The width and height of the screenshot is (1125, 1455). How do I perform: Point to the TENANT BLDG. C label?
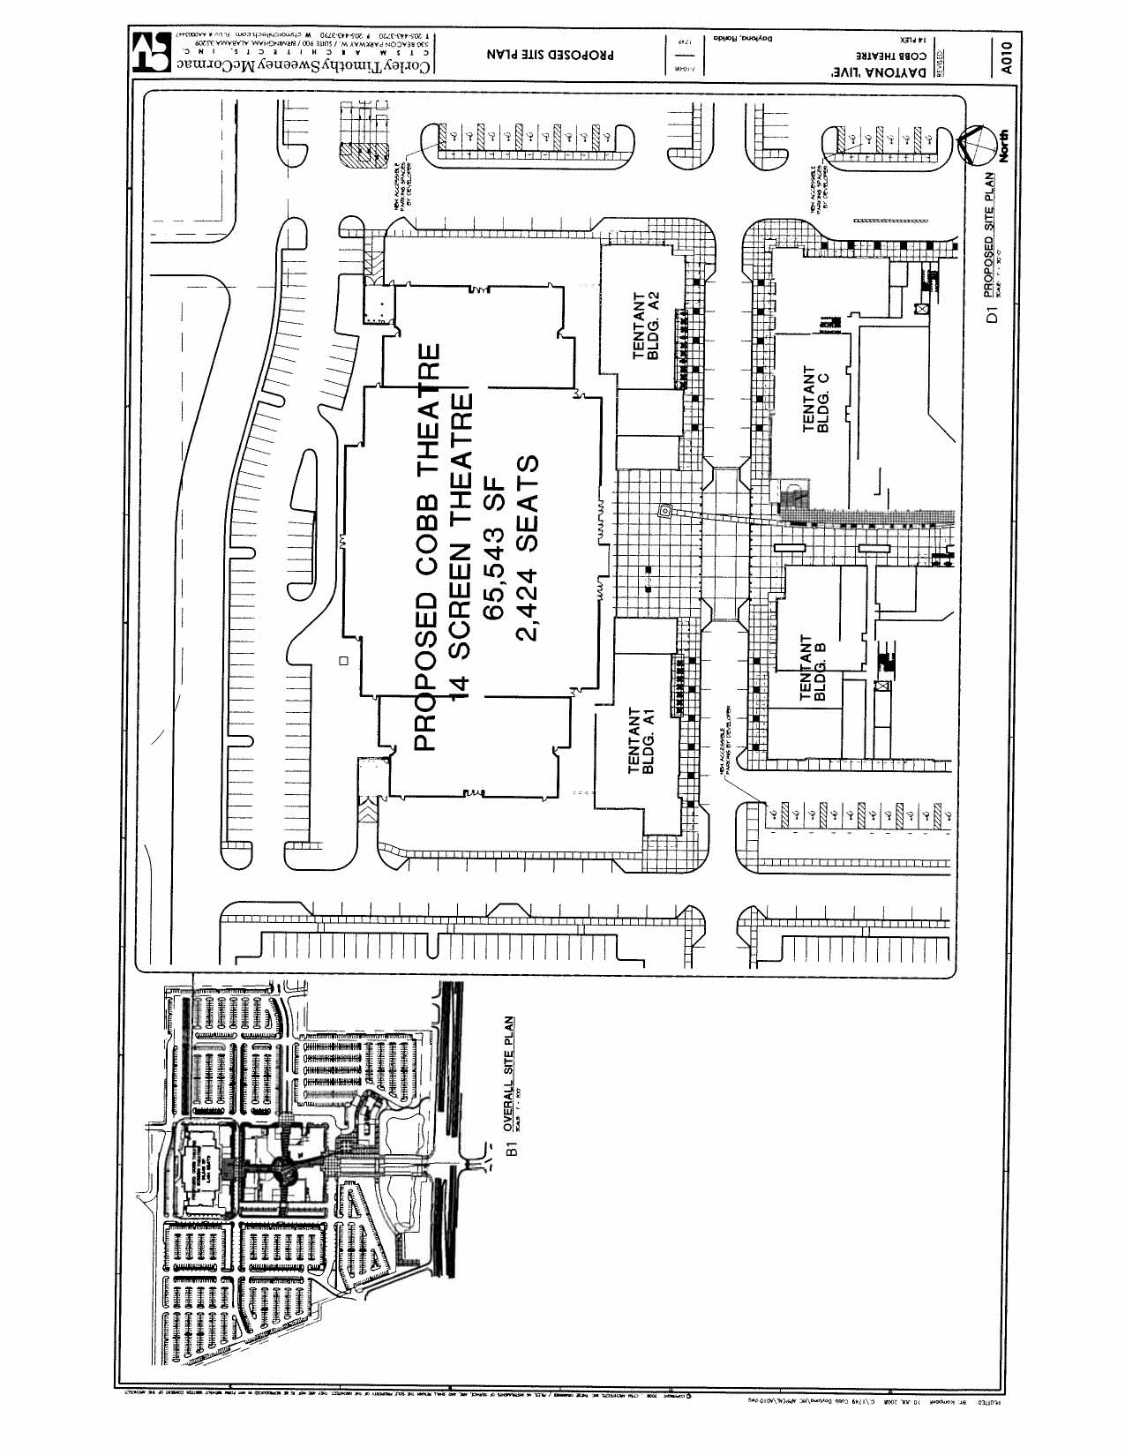(816, 400)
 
